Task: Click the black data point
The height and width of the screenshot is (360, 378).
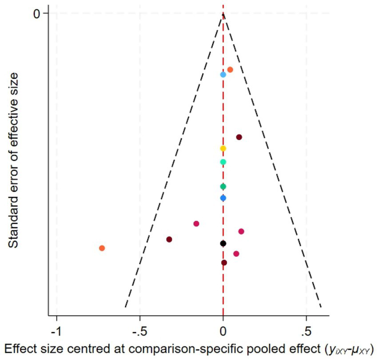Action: coord(223,243)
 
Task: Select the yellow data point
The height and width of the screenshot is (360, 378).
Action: coord(223,148)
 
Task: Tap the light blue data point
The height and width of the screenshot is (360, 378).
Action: coord(223,75)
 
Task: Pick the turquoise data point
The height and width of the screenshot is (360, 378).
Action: coord(223,162)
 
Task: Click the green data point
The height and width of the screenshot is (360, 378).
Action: coord(223,186)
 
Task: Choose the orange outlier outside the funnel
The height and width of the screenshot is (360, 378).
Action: coord(102,248)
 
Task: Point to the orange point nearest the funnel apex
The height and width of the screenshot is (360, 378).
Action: coord(230,70)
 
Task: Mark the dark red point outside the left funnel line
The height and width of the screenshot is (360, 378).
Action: coord(169,239)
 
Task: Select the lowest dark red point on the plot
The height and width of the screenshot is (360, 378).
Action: coord(224,263)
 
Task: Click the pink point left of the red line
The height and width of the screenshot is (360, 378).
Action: coord(196,224)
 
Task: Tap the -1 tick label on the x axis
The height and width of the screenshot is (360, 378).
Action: coord(56,332)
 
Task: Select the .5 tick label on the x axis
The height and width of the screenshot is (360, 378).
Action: coord(306,332)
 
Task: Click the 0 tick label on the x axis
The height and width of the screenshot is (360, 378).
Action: coord(223,332)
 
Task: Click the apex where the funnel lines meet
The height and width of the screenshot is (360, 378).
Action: coord(223,14)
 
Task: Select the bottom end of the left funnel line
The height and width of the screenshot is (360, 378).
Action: coord(125,307)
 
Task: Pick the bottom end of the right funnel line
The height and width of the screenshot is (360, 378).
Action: coord(321,307)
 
